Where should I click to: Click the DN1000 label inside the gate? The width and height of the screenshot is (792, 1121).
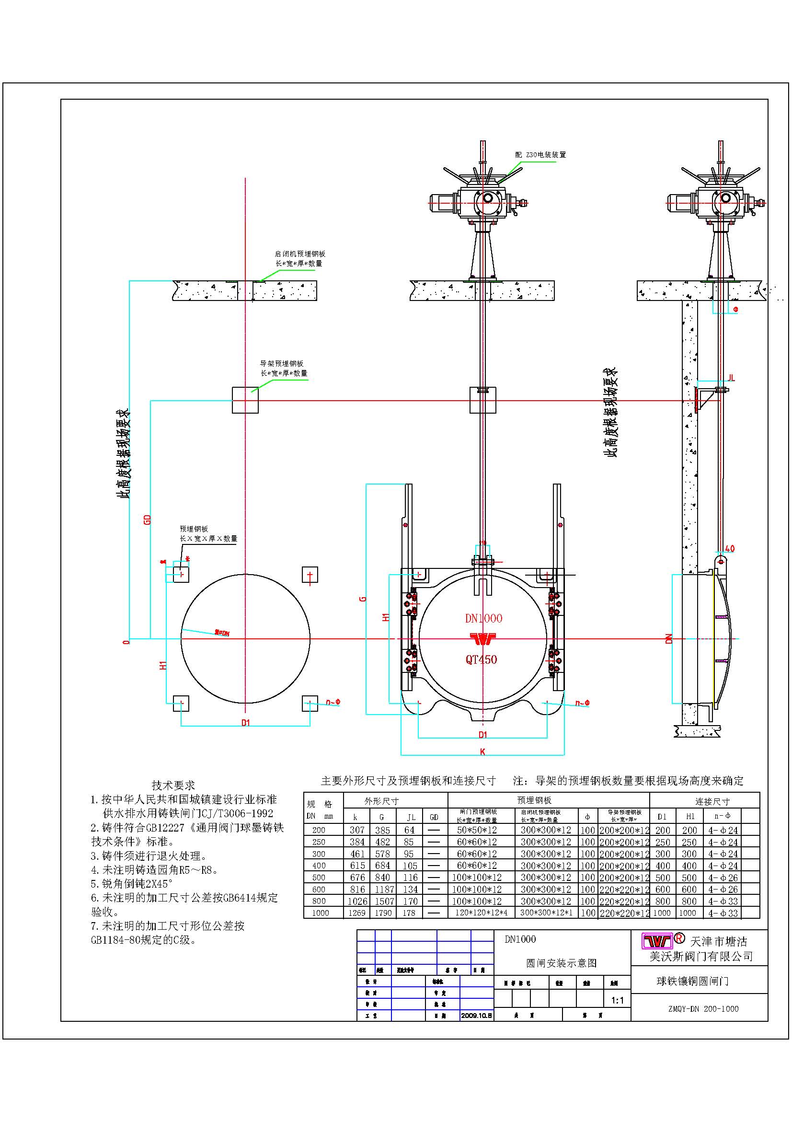tap(483, 619)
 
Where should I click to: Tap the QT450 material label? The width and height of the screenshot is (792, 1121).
tap(481, 659)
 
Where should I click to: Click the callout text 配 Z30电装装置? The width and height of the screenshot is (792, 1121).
tap(540, 155)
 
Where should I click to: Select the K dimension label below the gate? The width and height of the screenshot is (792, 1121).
tap(482, 752)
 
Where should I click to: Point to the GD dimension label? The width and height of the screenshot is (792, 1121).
tap(148, 520)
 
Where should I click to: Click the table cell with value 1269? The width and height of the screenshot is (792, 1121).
tap(357, 913)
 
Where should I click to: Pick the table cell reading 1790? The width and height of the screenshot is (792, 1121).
tap(383, 913)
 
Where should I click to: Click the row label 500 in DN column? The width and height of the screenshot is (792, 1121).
tap(319, 878)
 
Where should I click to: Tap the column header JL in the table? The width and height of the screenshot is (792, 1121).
tap(411, 817)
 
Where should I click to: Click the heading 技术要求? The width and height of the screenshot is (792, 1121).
tap(173, 785)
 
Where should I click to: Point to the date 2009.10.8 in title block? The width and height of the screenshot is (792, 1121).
tap(477, 1016)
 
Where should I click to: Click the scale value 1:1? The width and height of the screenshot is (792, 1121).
tap(617, 1000)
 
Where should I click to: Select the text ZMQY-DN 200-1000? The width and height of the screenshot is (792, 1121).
tap(703, 1009)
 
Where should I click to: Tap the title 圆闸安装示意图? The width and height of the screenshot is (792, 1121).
tap(561, 963)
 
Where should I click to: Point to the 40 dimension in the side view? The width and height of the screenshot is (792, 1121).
tap(730, 549)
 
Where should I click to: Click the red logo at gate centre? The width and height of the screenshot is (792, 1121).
tap(482, 638)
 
